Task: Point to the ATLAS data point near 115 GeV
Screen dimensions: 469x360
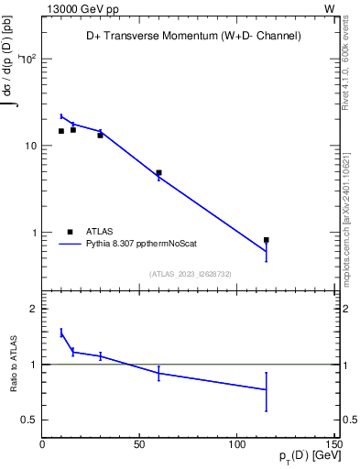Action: click(266, 240)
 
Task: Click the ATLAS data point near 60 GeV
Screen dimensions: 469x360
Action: click(158, 172)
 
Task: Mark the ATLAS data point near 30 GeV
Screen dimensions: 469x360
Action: click(100, 135)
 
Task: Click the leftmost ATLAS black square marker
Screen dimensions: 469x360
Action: click(61, 131)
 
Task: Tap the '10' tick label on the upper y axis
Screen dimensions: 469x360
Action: click(29, 147)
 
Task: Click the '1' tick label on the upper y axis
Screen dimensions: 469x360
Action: click(33, 234)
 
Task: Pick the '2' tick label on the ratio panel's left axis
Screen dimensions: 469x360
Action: click(33, 309)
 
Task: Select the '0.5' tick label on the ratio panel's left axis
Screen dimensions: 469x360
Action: click(29, 420)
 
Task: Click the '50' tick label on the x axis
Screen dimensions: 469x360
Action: click(139, 444)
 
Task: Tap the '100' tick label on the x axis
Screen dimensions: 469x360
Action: click(236, 444)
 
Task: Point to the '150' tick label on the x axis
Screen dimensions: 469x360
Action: click(333, 444)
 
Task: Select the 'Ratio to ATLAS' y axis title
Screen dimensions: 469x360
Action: click(13, 364)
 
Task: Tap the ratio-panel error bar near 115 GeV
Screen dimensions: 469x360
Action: click(266, 391)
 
